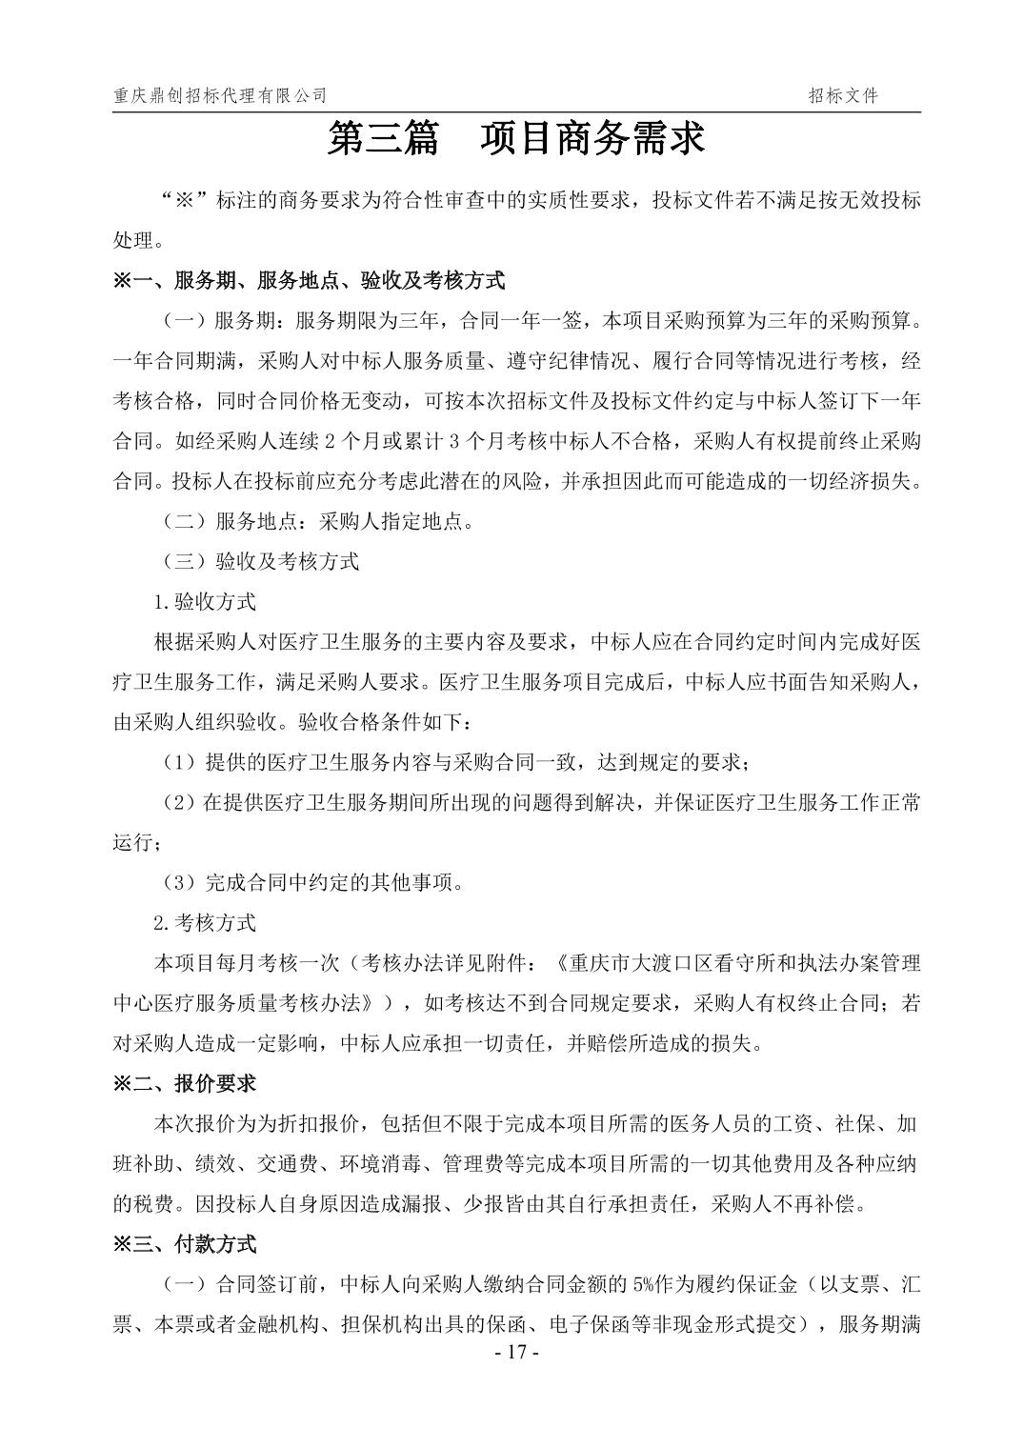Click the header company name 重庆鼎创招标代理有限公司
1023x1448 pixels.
[x=220, y=95]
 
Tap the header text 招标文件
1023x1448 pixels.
[x=843, y=95]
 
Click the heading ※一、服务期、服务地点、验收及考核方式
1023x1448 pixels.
[x=309, y=280]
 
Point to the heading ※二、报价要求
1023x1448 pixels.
[x=185, y=1083]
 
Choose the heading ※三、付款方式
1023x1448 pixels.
[x=185, y=1243]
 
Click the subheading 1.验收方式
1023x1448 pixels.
[x=205, y=601]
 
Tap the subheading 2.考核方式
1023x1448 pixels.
[x=205, y=922]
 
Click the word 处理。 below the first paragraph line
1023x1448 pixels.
[x=137, y=240]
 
